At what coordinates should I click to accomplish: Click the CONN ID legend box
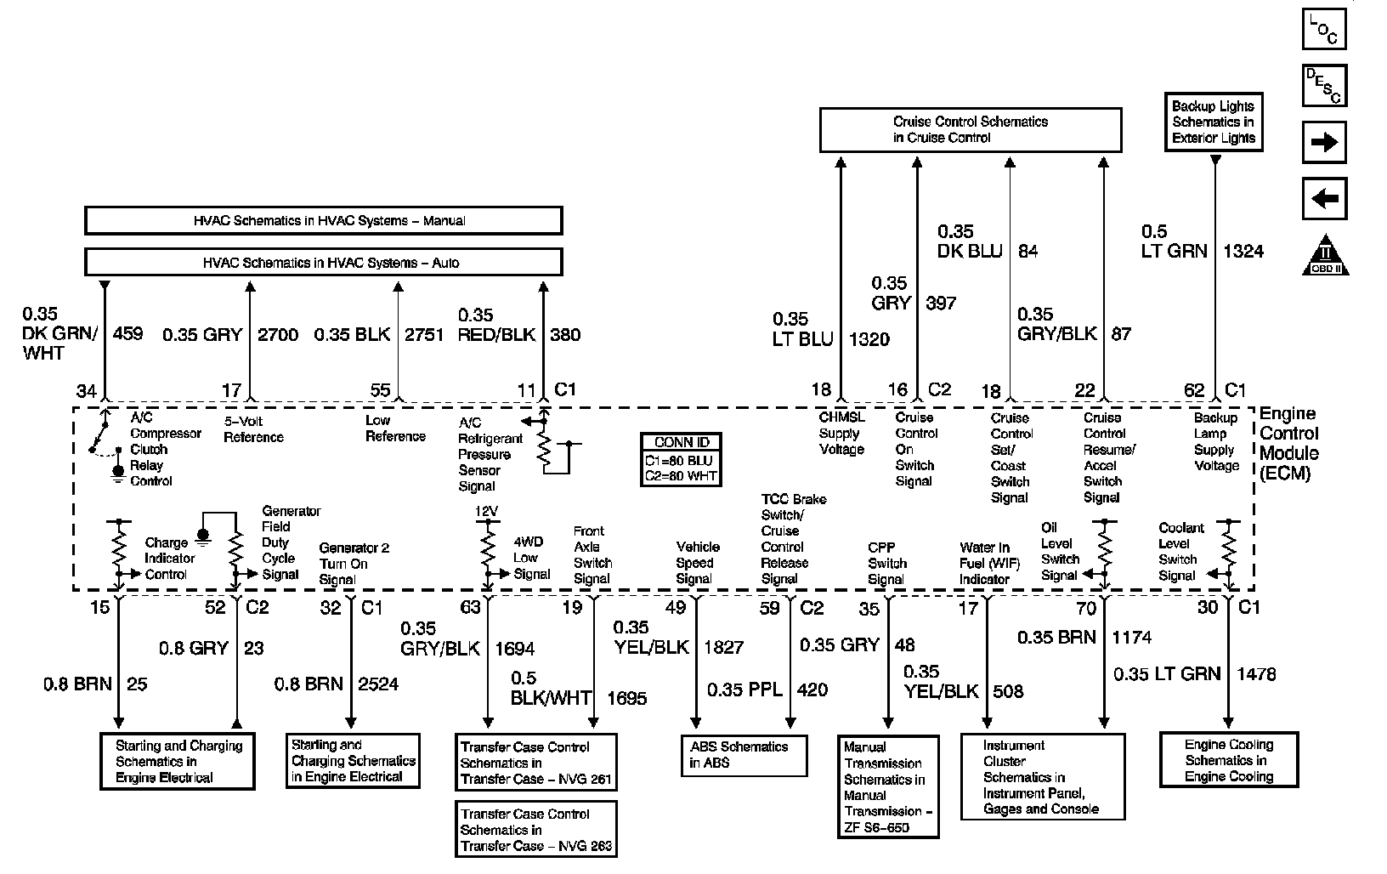pyautogui.click(x=681, y=460)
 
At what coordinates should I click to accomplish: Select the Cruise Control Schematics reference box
pyautogui.click(x=970, y=129)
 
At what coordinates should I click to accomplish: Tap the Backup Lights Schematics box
pyautogui.click(x=1213, y=122)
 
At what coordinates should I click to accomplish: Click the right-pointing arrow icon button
pyautogui.click(x=1324, y=142)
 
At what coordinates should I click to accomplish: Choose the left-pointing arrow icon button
pyautogui.click(x=1324, y=200)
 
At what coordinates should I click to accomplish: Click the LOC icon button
pyautogui.click(x=1324, y=28)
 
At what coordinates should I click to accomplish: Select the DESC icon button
pyautogui.click(x=1324, y=86)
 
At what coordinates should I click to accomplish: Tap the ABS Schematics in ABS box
pyautogui.click(x=744, y=755)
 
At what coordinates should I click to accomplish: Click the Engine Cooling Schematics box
pyautogui.click(x=1229, y=760)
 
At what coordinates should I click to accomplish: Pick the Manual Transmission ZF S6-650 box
pyautogui.click(x=887, y=786)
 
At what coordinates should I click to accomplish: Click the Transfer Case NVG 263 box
pyautogui.click(x=535, y=829)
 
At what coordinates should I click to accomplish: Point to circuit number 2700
pyautogui.click(x=277, y=335)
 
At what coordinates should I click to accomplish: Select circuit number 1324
pyautogui.click(x=1243, y=251)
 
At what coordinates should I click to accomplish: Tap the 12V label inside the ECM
pyautogui.click(x=486, y=511)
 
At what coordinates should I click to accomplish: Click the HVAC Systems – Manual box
pyautogui.click(x=323, y=221)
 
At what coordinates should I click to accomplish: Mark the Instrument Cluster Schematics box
pyautogui.click(x=1043, y=777)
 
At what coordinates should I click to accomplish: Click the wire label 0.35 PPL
pyautogui.click(x=744, y=690)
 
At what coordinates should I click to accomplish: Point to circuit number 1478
pyautogui.click(x=1255, y=674)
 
